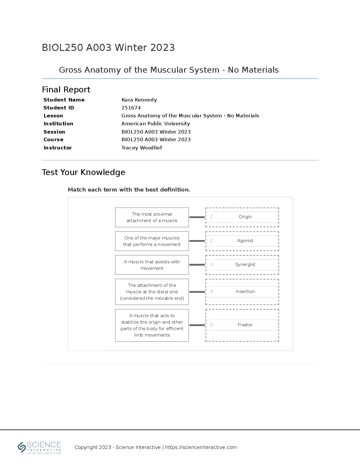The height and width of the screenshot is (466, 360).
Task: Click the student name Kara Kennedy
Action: (x=139, y=100)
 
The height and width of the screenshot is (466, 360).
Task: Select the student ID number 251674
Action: (x=131, y=108)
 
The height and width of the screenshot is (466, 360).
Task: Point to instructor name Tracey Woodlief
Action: (x=141, y=148)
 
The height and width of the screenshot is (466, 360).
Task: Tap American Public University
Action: (x=155, y=124)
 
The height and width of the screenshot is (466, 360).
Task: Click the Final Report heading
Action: (x=66, y=89)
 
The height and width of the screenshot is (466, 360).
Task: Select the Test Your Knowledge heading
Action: (x=83, y=172)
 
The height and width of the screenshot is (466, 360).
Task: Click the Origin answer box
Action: (x=242, y=217)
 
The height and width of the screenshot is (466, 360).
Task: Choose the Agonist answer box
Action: (x=242, y=241)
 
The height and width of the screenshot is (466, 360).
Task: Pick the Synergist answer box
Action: (x=242, y=265)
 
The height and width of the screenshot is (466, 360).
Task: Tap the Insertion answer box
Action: (x=242, y=292)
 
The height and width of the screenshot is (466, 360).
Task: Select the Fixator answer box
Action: (x=242, y=325)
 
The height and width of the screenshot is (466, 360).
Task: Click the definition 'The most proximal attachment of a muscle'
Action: (x=152, y=217)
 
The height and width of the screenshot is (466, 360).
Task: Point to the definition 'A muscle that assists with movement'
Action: (x=152, y=265)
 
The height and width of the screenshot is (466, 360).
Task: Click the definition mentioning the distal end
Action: (x=152, y=292)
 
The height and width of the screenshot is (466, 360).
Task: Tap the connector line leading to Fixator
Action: (x=197, y=325)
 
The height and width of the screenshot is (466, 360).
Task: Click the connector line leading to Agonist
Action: (x=197, y=241)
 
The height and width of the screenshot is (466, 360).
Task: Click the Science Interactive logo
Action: (x=39, y=447)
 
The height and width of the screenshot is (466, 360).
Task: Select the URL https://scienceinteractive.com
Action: (x=201, y=447)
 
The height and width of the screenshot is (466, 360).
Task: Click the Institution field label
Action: (x=58, y=124)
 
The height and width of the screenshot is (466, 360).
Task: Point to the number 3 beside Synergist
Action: (x=211, y=264)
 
